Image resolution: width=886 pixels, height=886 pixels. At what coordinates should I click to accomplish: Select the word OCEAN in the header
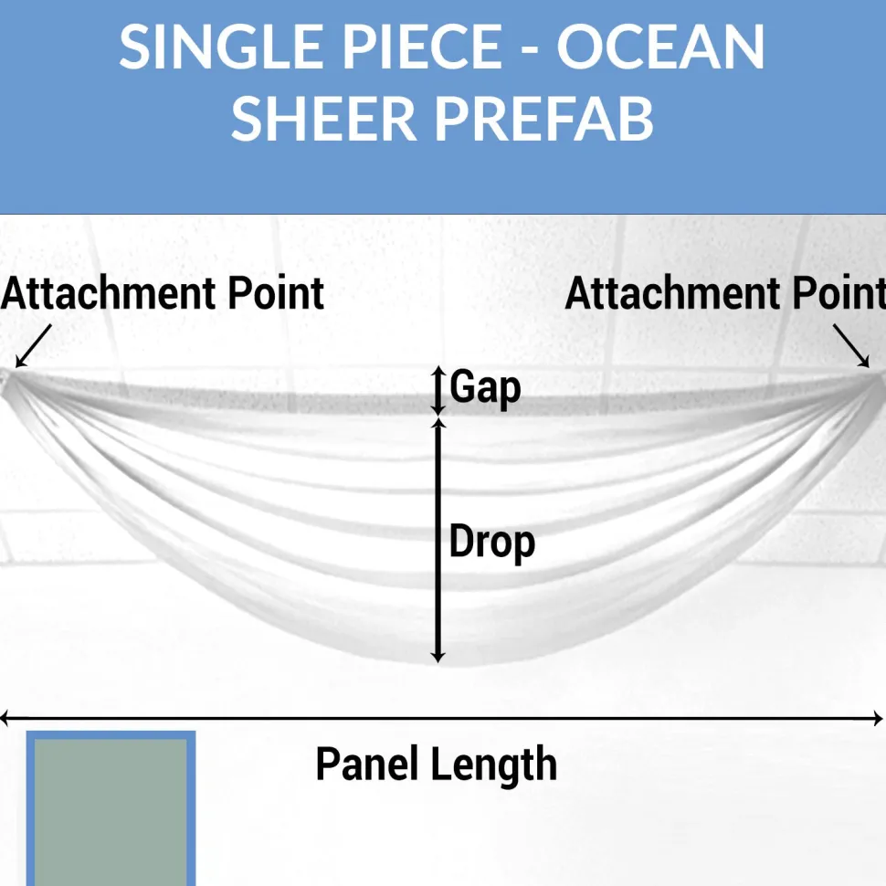tap(660, 47)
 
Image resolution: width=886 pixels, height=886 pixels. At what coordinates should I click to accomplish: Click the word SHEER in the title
tap(323, 120)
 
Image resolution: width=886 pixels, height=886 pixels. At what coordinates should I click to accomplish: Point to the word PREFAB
tap(544, 120)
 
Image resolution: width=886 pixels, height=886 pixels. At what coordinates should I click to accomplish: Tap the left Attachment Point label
tap(163, 294)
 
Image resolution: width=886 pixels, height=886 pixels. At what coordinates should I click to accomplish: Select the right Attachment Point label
tap(725, 294)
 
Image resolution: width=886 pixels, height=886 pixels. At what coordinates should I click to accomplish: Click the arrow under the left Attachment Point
tap(33, 346)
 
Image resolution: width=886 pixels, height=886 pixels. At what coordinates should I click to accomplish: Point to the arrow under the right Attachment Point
tap(851, 345)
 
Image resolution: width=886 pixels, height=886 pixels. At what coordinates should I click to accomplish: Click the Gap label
tap(485, 388)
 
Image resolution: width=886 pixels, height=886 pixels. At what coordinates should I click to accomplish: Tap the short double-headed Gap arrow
tap(438, 390)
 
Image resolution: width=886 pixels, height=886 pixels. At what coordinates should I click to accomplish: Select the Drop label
tap(491, 543)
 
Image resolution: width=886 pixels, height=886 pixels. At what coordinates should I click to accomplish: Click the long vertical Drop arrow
tap(438, 540)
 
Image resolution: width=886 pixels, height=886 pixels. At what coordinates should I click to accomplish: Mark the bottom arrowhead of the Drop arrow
tap(438, 657)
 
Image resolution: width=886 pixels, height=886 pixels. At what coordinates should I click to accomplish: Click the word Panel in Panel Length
tap(366, 764)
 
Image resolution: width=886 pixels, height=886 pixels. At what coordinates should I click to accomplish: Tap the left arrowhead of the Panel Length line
tap(5, 719)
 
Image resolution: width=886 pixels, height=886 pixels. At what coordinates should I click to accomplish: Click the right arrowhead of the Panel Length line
tap(878, 719)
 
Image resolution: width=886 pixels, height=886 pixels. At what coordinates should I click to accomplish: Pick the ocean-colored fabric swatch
tap(111, 808)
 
